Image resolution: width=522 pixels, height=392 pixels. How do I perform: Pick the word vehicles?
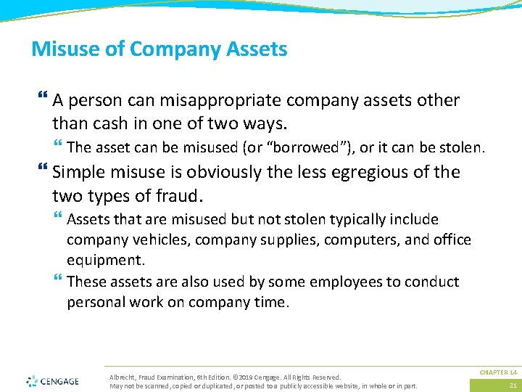[153, 240]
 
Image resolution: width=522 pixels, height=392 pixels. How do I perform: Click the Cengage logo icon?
[32, 380]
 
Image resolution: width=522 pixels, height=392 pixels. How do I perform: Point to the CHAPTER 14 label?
[497, 372]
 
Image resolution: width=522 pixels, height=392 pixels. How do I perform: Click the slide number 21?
[513, 385]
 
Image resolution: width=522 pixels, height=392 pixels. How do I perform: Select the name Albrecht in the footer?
[122, 377]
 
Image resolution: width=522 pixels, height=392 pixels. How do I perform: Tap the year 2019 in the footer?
[249, 377]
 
